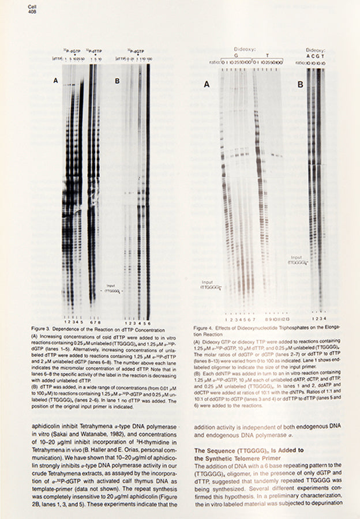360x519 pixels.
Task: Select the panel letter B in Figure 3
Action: point(117,81)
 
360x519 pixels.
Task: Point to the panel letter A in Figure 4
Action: point(206,84)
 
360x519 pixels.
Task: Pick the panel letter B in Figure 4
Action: point(300,84)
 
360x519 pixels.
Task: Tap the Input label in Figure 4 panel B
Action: point(297,257)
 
